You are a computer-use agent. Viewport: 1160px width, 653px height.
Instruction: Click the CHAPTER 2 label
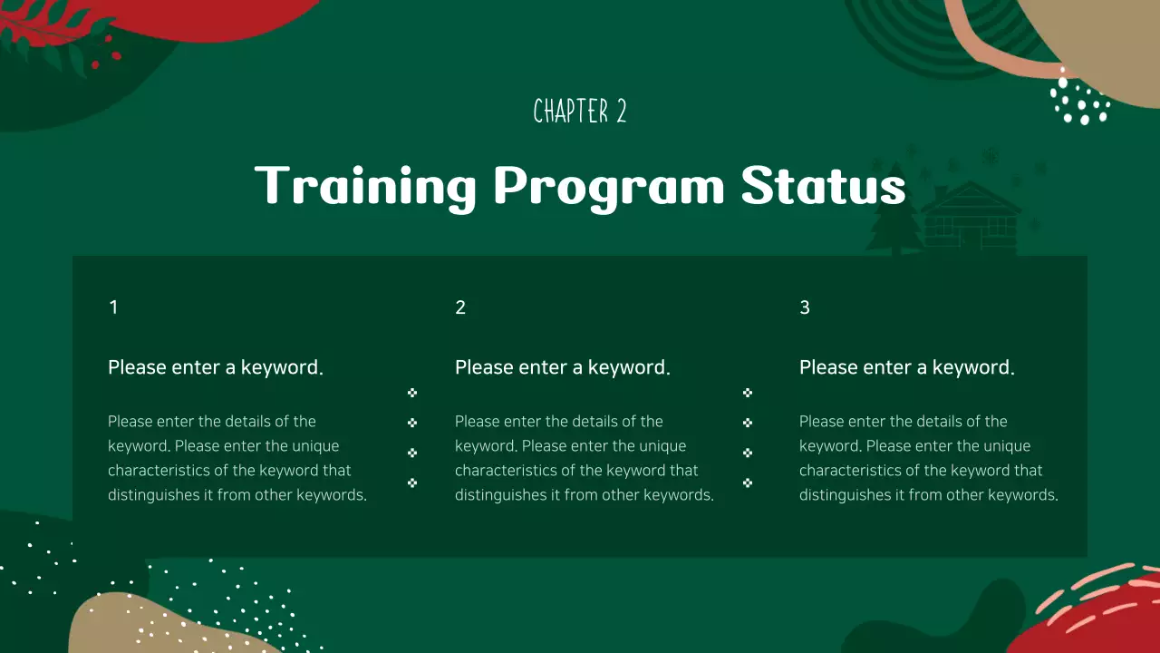coord(580,112)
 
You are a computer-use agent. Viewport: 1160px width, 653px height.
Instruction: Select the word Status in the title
coord(823,186)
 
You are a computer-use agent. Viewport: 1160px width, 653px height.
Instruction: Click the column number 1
coord(113,307)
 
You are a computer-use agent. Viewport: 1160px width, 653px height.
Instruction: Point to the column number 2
coord(460,307)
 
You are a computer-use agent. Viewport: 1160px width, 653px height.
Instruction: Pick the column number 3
coord(805,307)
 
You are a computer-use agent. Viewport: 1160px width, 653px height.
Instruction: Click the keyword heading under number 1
coord(216,367)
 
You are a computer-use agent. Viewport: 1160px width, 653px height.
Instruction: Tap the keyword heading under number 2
coord(563,367)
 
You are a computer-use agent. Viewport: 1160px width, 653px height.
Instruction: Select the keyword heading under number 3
coord(907,367)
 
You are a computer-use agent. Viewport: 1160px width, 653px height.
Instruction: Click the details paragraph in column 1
coord(237,458)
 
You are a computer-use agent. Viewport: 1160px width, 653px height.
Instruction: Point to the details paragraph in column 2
coord(585,458)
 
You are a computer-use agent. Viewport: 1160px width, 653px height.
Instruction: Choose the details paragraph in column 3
coord(929,458)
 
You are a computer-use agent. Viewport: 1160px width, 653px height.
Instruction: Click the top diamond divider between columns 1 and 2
coord(412,393)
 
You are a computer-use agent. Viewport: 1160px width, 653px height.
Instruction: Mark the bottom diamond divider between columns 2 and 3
coord(748,482)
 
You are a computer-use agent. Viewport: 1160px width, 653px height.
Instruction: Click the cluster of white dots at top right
coord(1078,100)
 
